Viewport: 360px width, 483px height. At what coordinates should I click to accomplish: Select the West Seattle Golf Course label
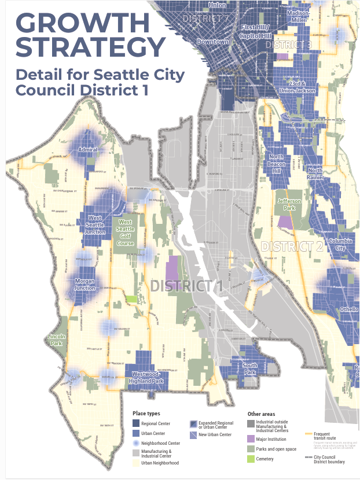(x=126, y=232)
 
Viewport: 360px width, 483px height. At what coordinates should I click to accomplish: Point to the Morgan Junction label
(x=85, y=285)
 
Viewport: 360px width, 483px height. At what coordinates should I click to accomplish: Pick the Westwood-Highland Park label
(x=148, y=377)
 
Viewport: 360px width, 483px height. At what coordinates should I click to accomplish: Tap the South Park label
(x=250, y=368)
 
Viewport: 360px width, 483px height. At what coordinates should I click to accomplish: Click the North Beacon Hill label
(x=276, y=164)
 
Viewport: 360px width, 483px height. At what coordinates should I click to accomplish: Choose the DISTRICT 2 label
(x=292, y=246)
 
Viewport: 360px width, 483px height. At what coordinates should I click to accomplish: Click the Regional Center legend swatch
(x=136, y=423)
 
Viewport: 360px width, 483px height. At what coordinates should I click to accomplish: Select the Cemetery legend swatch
(x=252, y=459)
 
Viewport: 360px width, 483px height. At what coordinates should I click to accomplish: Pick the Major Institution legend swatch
(x=252, y=439)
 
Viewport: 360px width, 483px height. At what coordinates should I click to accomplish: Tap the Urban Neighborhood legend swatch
(x=136, y=463)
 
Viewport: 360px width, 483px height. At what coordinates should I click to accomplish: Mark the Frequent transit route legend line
(x=312, y=433)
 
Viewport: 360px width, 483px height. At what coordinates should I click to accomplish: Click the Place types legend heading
(x=146, y=414)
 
